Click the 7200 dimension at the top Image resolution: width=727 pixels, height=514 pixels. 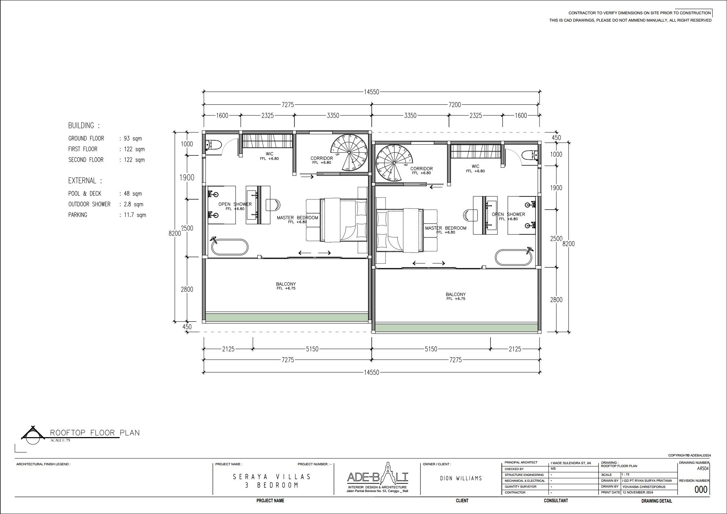click(455, 105)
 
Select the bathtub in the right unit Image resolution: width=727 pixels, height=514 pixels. click(513, 258)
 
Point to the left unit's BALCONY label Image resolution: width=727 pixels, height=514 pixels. click(286, 284)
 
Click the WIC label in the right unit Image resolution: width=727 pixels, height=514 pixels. click(475, 166)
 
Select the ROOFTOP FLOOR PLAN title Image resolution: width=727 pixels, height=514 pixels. click(95, 433)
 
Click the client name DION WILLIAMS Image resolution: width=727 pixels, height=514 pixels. click(461, 478)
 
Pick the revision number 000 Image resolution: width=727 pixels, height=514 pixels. click(701, 489)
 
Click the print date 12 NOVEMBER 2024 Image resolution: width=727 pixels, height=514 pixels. click(638, 492)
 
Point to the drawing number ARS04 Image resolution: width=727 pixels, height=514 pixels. click(702, 469)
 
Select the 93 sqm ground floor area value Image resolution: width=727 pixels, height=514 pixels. click(133, 138)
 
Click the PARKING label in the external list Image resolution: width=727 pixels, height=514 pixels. click(78, 215)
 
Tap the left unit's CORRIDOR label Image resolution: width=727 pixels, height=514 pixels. click(322, 158)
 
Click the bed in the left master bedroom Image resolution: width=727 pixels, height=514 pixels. click(344, 220)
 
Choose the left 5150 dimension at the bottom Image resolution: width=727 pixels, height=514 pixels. click(312, 349)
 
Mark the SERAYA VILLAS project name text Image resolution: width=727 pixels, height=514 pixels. click(272, 477)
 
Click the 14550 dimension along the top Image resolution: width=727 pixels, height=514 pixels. click(371, 92)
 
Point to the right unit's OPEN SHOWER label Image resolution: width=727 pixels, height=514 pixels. click(508, 214)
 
